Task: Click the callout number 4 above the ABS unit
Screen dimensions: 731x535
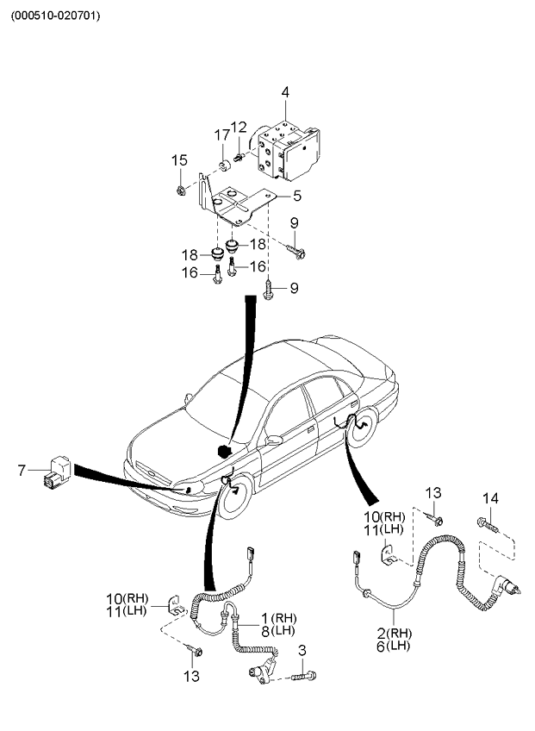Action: click(285, 92)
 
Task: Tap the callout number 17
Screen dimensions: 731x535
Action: click(222, 134)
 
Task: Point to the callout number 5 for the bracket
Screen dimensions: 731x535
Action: click(295, 196)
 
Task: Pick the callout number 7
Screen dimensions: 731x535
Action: click(22, 470)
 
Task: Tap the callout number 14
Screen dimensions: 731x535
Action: click(490, 498)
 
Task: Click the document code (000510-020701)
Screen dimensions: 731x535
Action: click(55, 16)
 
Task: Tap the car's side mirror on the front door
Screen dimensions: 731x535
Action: click(274, 440)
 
